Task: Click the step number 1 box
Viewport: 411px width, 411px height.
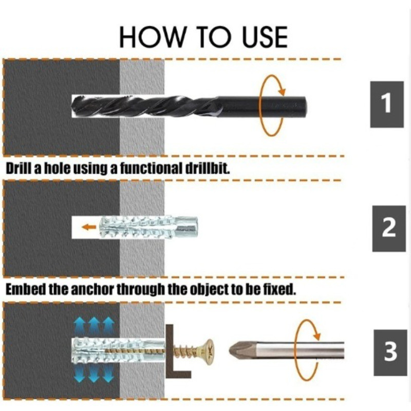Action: [387, 104]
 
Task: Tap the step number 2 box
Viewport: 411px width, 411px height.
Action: [389, 229]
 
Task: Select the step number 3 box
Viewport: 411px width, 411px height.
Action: [390, 353]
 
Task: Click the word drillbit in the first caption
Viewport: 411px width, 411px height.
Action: [208, 168]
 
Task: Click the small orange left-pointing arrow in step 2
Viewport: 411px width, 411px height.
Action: [89, 227]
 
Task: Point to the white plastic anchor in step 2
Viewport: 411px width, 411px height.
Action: [148, 227]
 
